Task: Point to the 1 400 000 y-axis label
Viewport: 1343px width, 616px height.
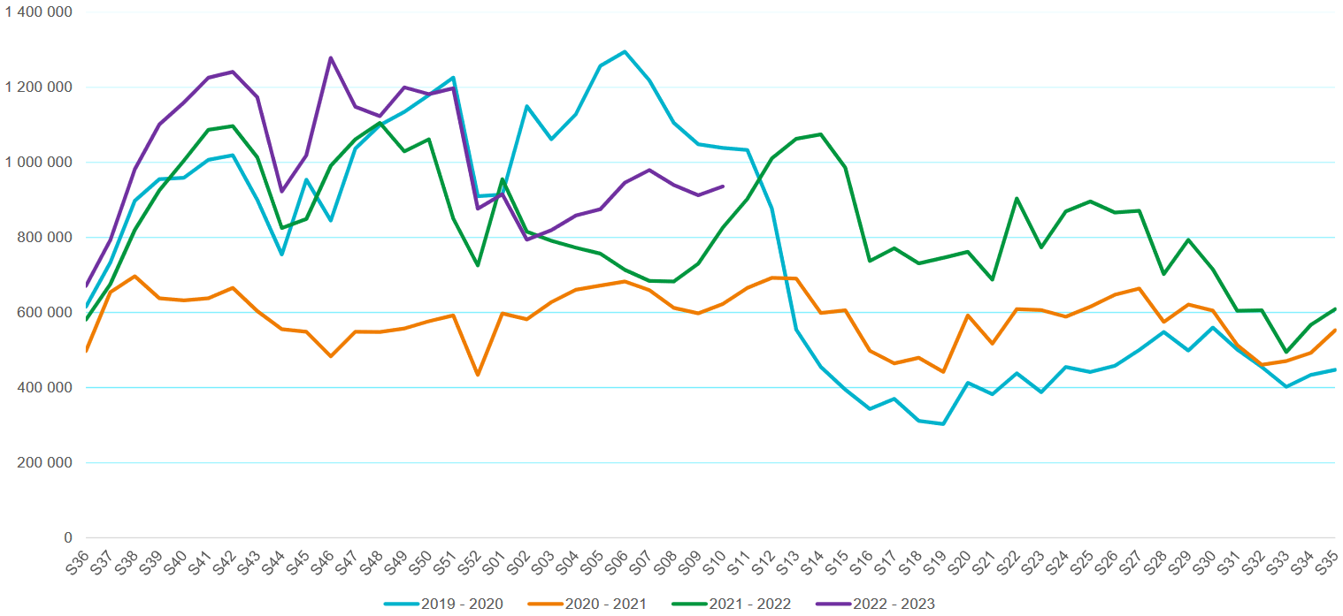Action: click(39, 12)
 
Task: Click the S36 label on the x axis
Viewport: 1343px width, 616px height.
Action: click(80, 561)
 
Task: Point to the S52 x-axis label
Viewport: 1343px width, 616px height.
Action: click(471, 561)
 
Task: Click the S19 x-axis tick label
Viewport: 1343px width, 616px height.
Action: click(934, 561)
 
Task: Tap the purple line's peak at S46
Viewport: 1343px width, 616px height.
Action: click(331, 58)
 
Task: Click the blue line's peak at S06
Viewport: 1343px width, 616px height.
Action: click(625, 51)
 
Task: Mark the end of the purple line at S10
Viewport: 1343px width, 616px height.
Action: click(723, 186)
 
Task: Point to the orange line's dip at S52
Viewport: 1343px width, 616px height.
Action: click(478, 376)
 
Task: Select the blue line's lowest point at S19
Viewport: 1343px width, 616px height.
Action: click(943, 424)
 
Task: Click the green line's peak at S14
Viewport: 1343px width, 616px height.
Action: click(821, 134)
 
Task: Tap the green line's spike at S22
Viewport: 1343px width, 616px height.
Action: click(1017, 198)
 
